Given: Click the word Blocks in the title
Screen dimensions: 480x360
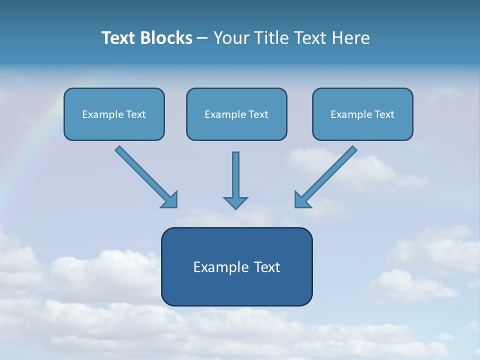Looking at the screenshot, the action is pyautogui.click(x=166, y=38).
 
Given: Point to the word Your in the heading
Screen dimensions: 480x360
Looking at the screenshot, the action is pyautogui.click(x=231, y=38).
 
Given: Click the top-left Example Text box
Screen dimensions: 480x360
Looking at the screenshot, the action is pyautogui.click(x=114, y=114).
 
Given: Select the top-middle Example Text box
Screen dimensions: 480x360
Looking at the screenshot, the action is pyautogui.click(x=236, y=114).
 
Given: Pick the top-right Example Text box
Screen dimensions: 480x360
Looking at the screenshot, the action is pyautogui.click(x=363, y=114).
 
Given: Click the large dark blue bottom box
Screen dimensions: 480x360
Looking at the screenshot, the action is pyautogui.click(x=237, y=266).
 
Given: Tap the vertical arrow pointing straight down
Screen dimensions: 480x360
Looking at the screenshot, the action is pyautogui.click(x=235, y=180).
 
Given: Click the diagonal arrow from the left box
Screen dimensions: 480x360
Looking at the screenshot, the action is pyautogui.click(x=146, y=177).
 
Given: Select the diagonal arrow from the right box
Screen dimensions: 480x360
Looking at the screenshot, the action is pyautogui.click(x=325, y=177).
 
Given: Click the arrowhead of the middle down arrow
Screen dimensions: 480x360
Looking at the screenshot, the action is pyautogui.click(x=235, y=202).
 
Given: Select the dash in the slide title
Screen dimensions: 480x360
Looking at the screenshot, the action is pyautogui.click(x=202, y=38).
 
